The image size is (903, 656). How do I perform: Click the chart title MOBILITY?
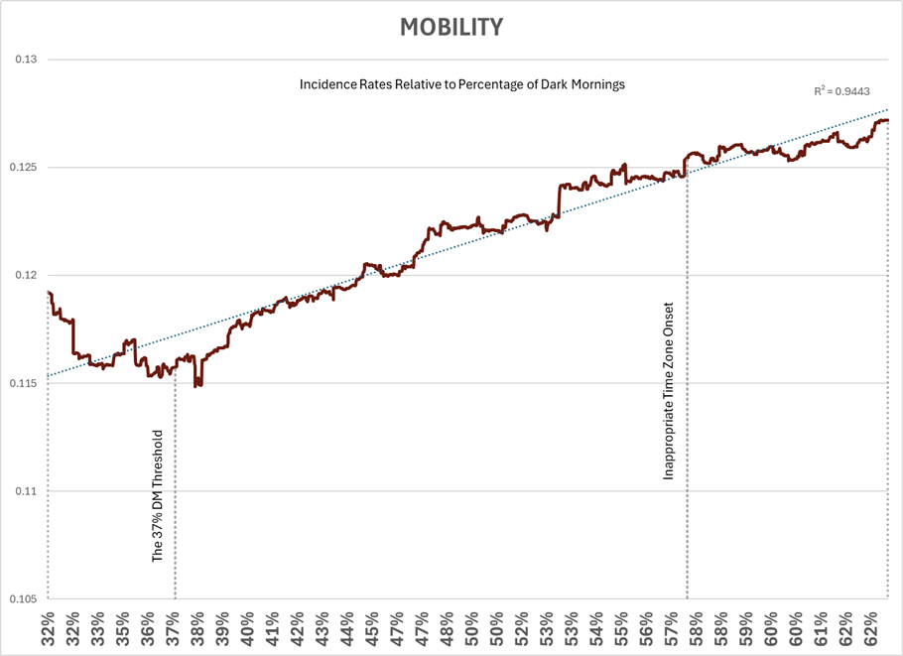(451, 27)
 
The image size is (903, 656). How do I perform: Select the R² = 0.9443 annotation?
(840, 91)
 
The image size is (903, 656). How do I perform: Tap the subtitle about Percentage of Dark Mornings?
(462, 85)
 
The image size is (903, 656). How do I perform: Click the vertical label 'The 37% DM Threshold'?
(158, 497)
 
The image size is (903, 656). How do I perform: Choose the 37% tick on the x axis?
(173, 628)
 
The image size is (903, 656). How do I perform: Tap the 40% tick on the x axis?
(247, 628)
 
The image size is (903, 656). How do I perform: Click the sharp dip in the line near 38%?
(197, 382)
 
